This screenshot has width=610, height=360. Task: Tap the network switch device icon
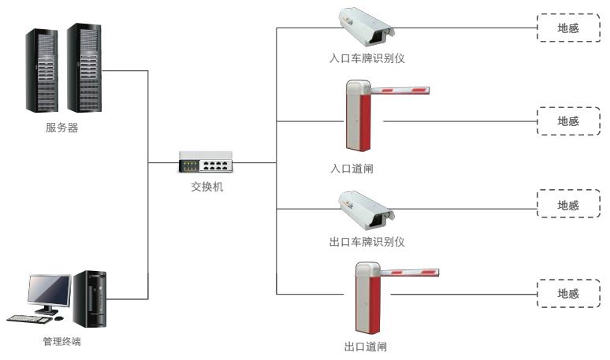click(206, 163)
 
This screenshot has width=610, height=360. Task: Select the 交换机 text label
click(207, 187)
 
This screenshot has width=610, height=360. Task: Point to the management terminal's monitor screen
click(49, 291)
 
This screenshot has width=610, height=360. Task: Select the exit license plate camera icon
click(364, 208)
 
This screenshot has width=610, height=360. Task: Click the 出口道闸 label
click(366, 346)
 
